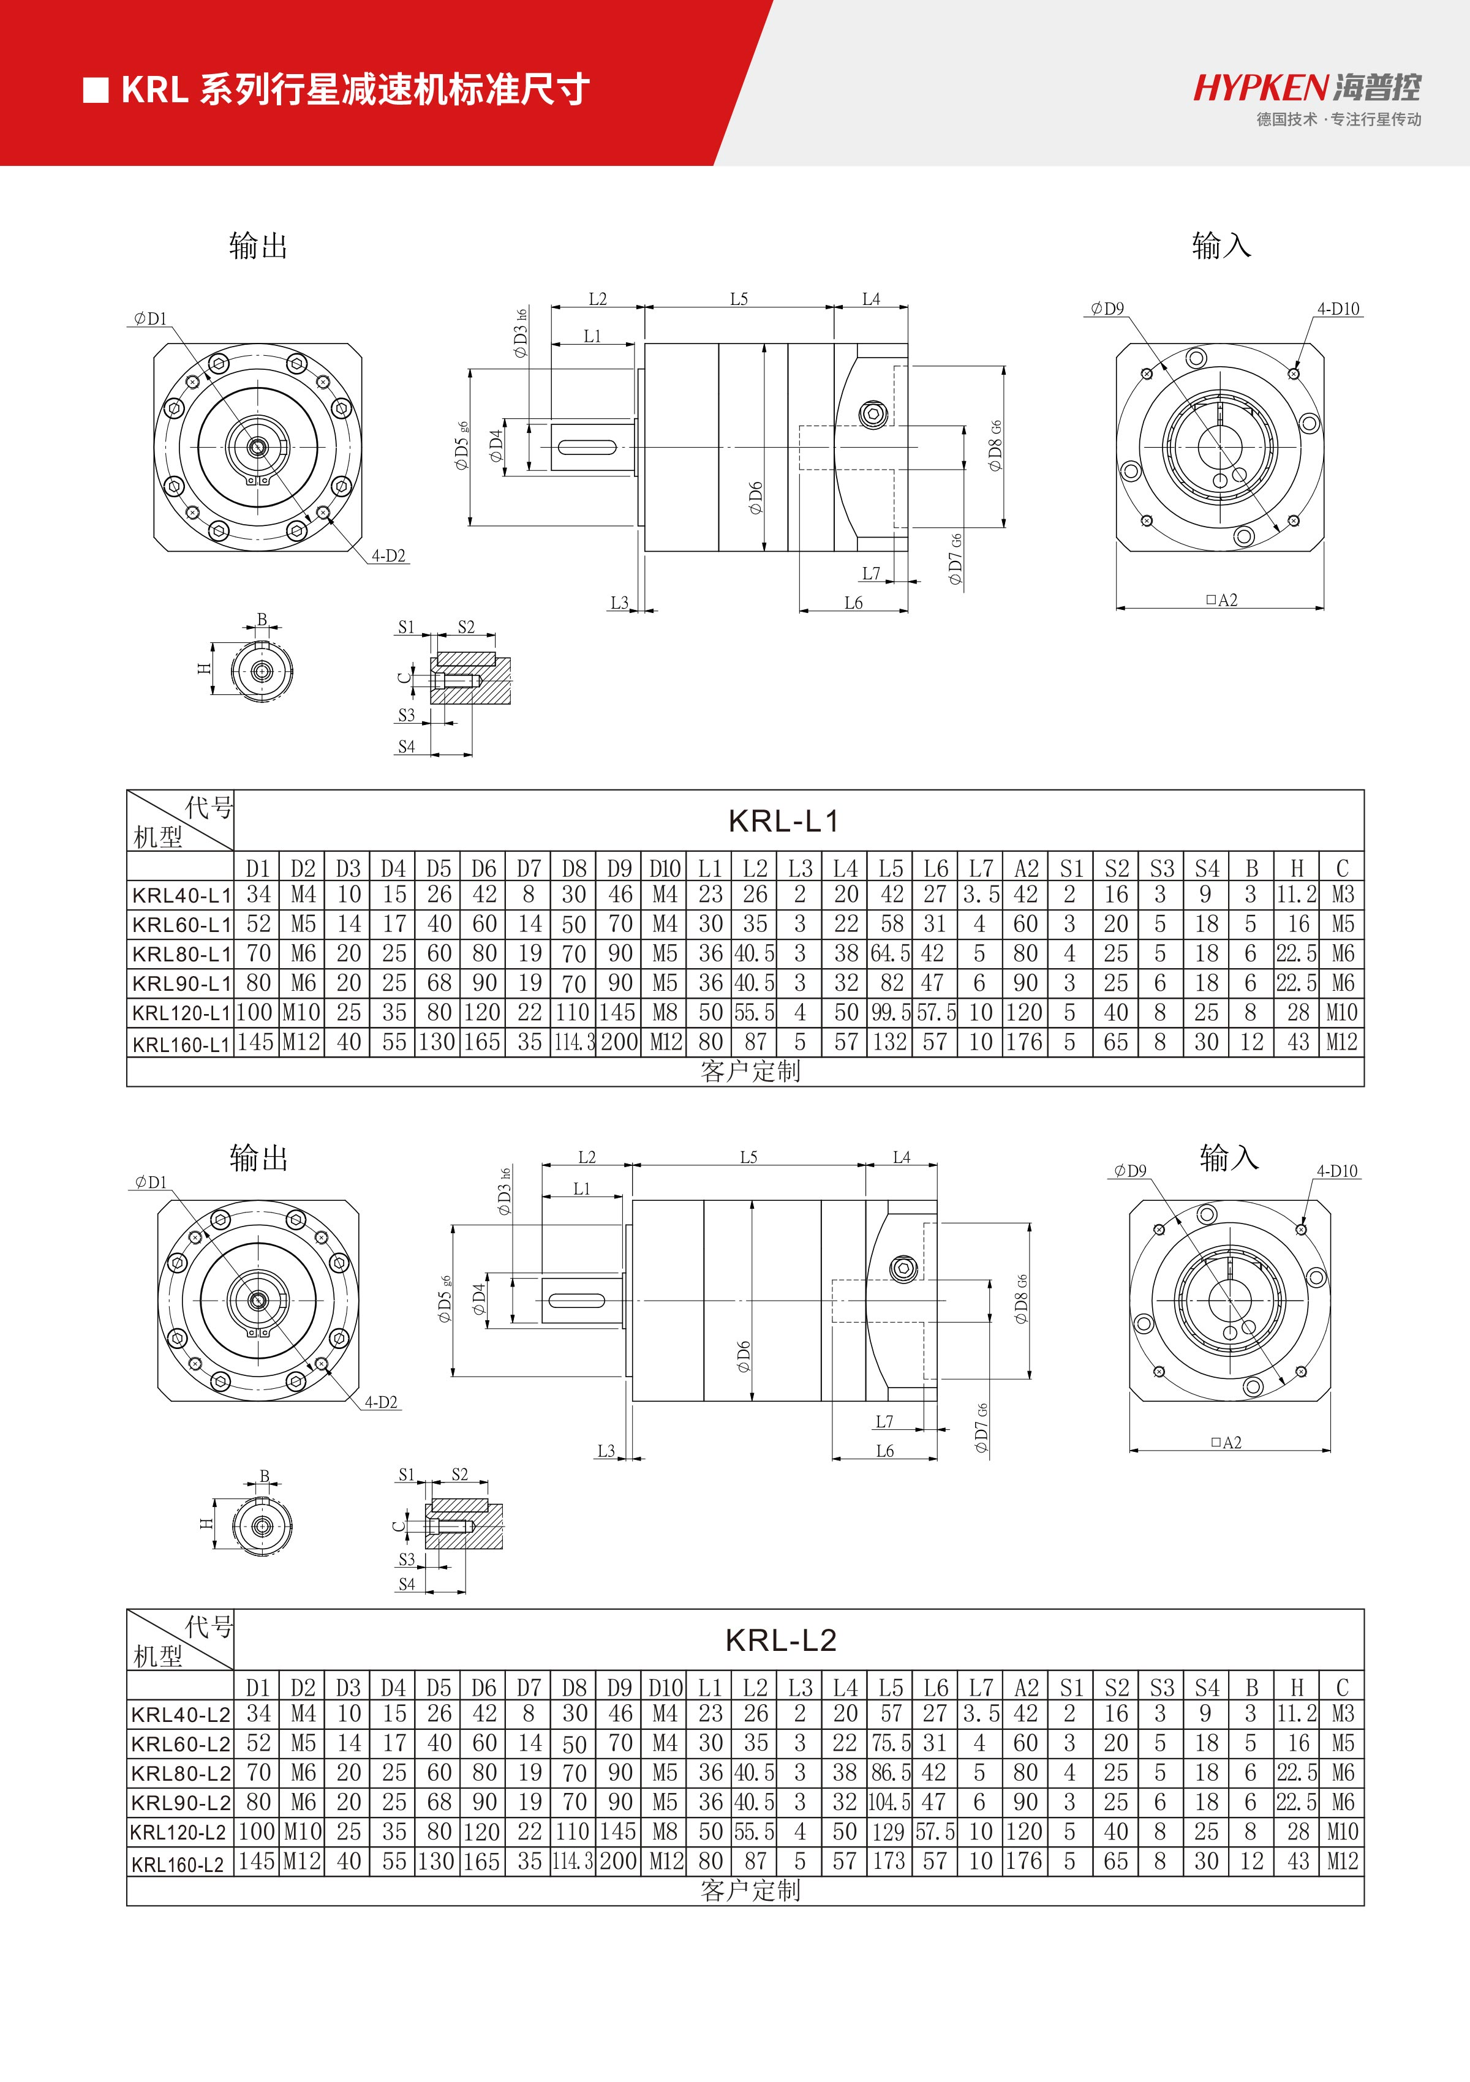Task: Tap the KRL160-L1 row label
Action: click(181, 1043)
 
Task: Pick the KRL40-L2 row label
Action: click(181, 1714)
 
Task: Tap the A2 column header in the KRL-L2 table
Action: click(1026, 1688)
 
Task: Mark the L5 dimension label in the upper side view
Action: click(739, 298)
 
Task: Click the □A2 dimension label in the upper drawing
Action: click(1221, 600)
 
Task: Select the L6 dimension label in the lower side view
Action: click(885, 1451)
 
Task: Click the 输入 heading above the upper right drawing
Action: click(1221, 245)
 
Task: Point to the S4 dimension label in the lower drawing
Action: click(406, 1584)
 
